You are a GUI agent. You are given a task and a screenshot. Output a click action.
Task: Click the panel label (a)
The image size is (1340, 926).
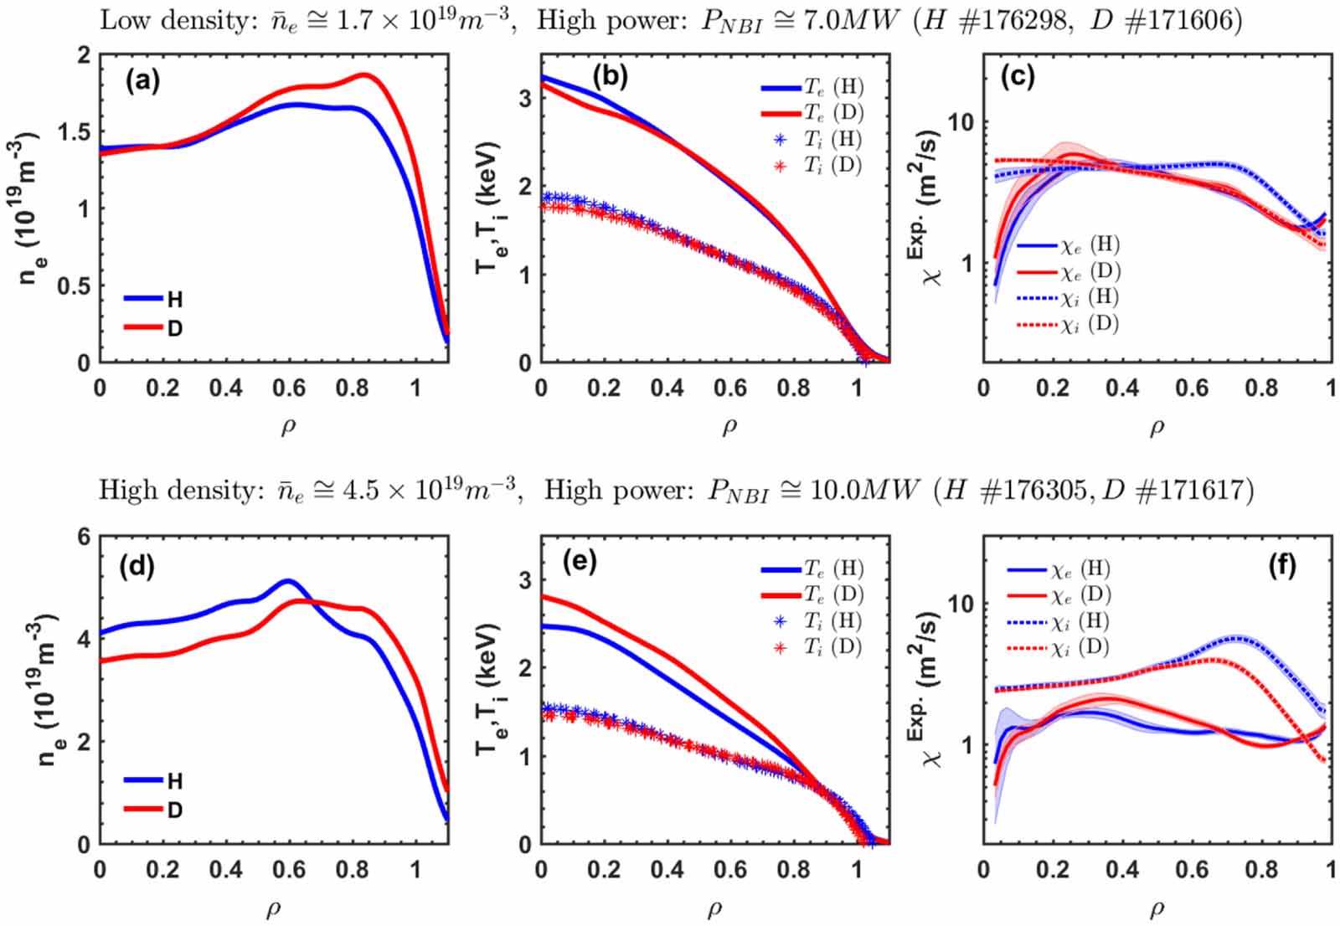pyautogui.click(x=142, y=80)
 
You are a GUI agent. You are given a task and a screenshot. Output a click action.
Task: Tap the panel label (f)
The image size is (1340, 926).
pyautogui.click(x=1281, y=566)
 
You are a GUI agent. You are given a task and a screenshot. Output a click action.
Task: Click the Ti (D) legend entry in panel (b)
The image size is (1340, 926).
pyautogui.click(x=821, y=165)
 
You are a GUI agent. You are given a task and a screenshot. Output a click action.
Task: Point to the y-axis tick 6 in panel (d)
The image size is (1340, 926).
pyautogui.click(x=84, y=537)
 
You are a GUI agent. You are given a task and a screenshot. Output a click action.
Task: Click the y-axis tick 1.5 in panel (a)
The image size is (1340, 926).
pyautogui.click(x=74, y=131)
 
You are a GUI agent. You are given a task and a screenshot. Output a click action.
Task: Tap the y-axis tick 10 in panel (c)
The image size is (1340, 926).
pyautogui.click(x=961, y=122)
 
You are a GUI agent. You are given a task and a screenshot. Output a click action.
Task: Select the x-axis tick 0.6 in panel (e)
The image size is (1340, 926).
pyautogui.click(x=729, y=870)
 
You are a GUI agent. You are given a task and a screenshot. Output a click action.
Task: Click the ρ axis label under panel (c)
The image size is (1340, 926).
pyautogui.click(x=1157, y=427)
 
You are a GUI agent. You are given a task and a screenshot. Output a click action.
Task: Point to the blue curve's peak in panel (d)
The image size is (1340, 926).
pyautogui.click(x=288, y=580)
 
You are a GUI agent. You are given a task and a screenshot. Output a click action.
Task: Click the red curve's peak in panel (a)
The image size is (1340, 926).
pyautogui.click(x=365, y=75)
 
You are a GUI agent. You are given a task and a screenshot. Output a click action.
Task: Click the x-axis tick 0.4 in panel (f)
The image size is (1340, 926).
pyautogui.click(x=1122, y=870)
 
